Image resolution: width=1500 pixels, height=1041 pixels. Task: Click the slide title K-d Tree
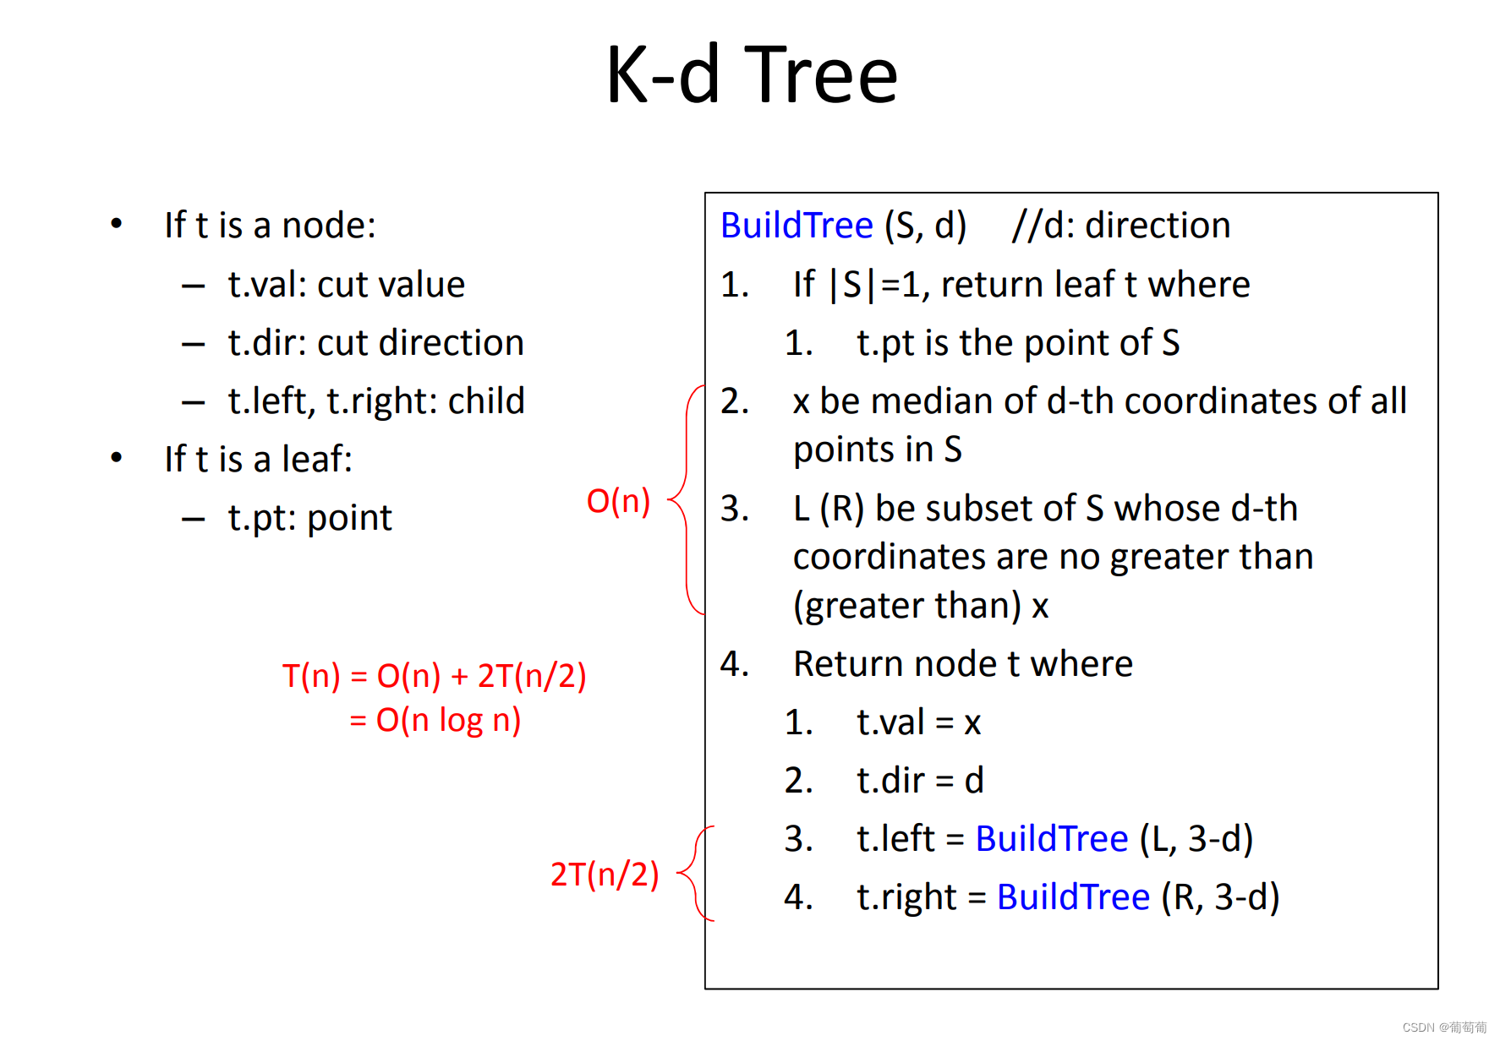pyautogui.click(x=751, y=76)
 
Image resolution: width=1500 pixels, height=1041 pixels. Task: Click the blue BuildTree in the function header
pyautogui.click(x=797, y=226)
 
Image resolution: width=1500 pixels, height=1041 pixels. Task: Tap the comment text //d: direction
pyautogui.click(x=1120, y=226)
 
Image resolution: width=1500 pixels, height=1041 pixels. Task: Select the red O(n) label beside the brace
pyautogui.click(x=618, y=501)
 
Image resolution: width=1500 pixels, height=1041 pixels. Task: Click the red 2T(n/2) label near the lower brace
pyautogui.click(x=604, y=875)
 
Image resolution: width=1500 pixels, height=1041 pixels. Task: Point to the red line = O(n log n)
pyautogui.click(x=435, y=721)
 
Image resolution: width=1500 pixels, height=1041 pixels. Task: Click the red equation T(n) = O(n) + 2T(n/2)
pyautogui.click(x=434, y=676)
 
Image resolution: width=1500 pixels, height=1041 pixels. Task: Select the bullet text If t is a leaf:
pyautogui.click(x=258, y=460)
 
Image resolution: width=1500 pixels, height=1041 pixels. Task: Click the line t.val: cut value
pyautogui.click(x=346, y=285)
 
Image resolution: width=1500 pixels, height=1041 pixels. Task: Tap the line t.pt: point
pyautogui.click(x=309, y=518)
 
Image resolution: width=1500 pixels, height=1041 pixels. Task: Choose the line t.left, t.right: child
pyautogui.click(x=375, y=401)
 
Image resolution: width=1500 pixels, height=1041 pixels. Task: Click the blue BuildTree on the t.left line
pyautogui.click(x=1051, y=839)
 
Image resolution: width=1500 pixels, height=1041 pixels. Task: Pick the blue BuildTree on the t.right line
pyautogui.click(x=1073, y=897)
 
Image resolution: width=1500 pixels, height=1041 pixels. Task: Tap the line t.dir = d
pyautogui.click(x=920, y=781)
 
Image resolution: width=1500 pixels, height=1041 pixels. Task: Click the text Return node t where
pyautogui.click(x=962, y=664)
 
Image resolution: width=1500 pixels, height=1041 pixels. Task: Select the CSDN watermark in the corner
pyautogui.click(x=1443, y=1027)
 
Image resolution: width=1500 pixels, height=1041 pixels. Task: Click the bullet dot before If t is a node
pyautogui.click(x=117, y=224)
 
